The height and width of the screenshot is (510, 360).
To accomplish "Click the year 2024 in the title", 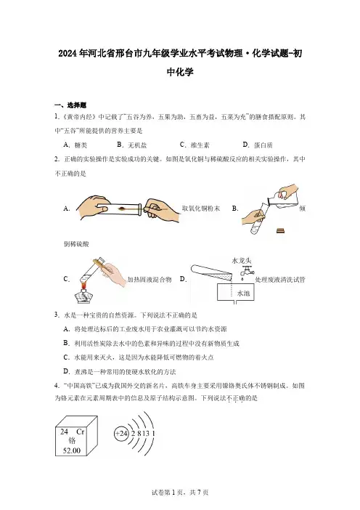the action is coord(68,53).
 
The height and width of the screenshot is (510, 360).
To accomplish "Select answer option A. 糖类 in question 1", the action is coord(75,145).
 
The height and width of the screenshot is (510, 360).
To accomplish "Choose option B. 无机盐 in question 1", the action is coord(132,145).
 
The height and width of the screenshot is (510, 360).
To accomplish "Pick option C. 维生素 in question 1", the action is coord(195,145).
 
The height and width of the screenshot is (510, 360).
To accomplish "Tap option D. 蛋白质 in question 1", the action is coord(258,145).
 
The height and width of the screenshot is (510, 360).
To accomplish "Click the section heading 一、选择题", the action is coord(70,105).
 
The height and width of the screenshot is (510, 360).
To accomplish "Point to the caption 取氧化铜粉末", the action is coord(201,209).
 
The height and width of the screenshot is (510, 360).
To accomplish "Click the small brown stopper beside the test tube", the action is coord(281,230).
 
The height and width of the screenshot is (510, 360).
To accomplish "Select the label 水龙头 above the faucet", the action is coord(242,261).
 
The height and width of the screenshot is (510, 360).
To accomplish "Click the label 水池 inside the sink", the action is coord(243,293).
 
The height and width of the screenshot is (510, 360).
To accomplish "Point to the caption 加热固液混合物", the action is coord(150,280).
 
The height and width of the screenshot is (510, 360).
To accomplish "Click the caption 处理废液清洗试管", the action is coord(280,280).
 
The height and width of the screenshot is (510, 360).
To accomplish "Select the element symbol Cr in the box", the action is coord(81,432).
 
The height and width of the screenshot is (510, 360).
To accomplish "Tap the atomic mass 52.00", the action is coord(71,450).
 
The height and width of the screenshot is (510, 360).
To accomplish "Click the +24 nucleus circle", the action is coord(121,434).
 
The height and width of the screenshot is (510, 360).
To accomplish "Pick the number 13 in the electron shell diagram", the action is coord(146,434).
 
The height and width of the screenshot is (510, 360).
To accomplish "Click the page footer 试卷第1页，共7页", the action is coord(180,493).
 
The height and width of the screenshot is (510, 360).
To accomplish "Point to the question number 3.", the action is coord(57,315).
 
